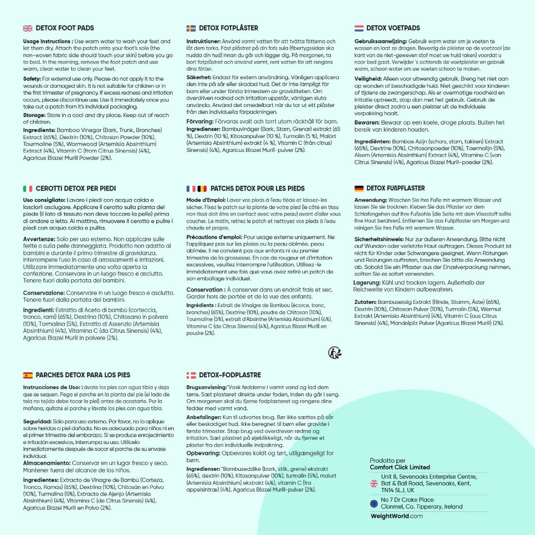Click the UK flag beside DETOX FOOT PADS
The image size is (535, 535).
coord(28,28)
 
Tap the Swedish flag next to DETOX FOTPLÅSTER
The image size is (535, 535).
coord(191,28)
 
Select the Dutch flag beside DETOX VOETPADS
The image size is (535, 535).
coord(359,28)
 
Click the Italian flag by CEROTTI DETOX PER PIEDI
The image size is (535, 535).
coord(28,188)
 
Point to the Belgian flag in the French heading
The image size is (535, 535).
coord(202,188)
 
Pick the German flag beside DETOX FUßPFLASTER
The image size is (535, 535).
coord(359,188)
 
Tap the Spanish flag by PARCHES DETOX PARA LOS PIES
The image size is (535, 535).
coord(28,375)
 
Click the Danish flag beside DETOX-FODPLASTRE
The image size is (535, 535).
coord(191,375)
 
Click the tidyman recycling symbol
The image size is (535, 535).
coord(335,352)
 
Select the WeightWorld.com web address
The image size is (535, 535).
coord(396,516)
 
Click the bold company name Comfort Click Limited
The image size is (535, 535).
coord(400,467)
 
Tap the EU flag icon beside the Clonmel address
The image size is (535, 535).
coord(374,503)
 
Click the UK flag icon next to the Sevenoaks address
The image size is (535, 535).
coord(374,483)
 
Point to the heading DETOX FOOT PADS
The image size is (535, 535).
coord(65,28)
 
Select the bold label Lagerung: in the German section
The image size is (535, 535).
coord(366,282)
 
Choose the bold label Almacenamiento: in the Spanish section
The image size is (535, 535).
coord(46,463)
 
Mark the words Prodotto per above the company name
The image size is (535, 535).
coord(387,460)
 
